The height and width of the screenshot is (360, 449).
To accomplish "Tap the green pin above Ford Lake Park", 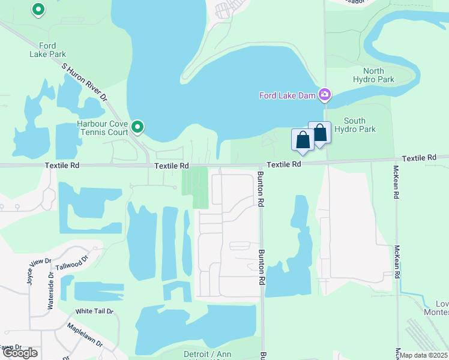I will (x=38, y=10).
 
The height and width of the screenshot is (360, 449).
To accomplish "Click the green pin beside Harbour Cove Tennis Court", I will (x=137, y=127).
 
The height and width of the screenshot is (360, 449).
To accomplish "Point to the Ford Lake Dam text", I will (x=288, y=95).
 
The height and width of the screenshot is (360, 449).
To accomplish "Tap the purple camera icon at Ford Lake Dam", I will (x=325, y=94).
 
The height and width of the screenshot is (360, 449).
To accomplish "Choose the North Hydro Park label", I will (x=373, y=75).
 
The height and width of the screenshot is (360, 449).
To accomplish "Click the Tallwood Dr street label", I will (x=71, y=263).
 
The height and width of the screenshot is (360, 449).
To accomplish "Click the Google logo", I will (x=20, y=353).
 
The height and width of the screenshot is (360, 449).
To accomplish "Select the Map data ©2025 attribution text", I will (x=424, y=355).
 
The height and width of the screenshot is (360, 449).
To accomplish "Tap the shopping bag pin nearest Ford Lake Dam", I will (x=319, y=133).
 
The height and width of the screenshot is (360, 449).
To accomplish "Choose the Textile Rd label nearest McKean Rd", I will (x=418, y=158).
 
